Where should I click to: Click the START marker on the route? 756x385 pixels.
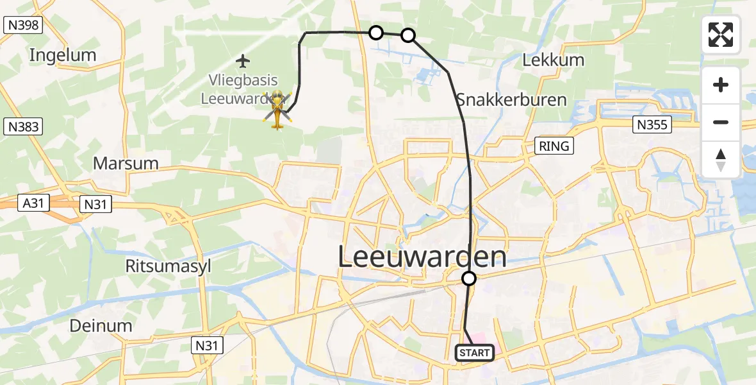[x=475, y=353]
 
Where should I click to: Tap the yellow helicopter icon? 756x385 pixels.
[x=277, y=109]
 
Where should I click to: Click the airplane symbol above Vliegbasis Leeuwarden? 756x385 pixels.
[x=242, y=62]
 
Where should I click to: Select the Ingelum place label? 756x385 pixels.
[x=63, y=55]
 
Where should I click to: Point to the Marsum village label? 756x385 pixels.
[x=126, y=163]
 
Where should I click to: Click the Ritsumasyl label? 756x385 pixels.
[x=168, y=266]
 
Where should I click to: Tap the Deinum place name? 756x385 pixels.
[x=102, y=325]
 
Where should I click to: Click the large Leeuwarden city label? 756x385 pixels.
[x=422, y=258]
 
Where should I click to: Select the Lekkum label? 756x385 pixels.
[x=554, y=60]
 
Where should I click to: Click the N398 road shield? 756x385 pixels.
[x=22, y=26]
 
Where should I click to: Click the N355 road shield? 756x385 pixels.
[x=652, y=124]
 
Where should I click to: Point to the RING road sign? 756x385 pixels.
[x=554, y=146]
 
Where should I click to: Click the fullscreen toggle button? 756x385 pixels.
[x=721, y=35]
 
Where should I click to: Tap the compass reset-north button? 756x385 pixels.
[x=721, y=160]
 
